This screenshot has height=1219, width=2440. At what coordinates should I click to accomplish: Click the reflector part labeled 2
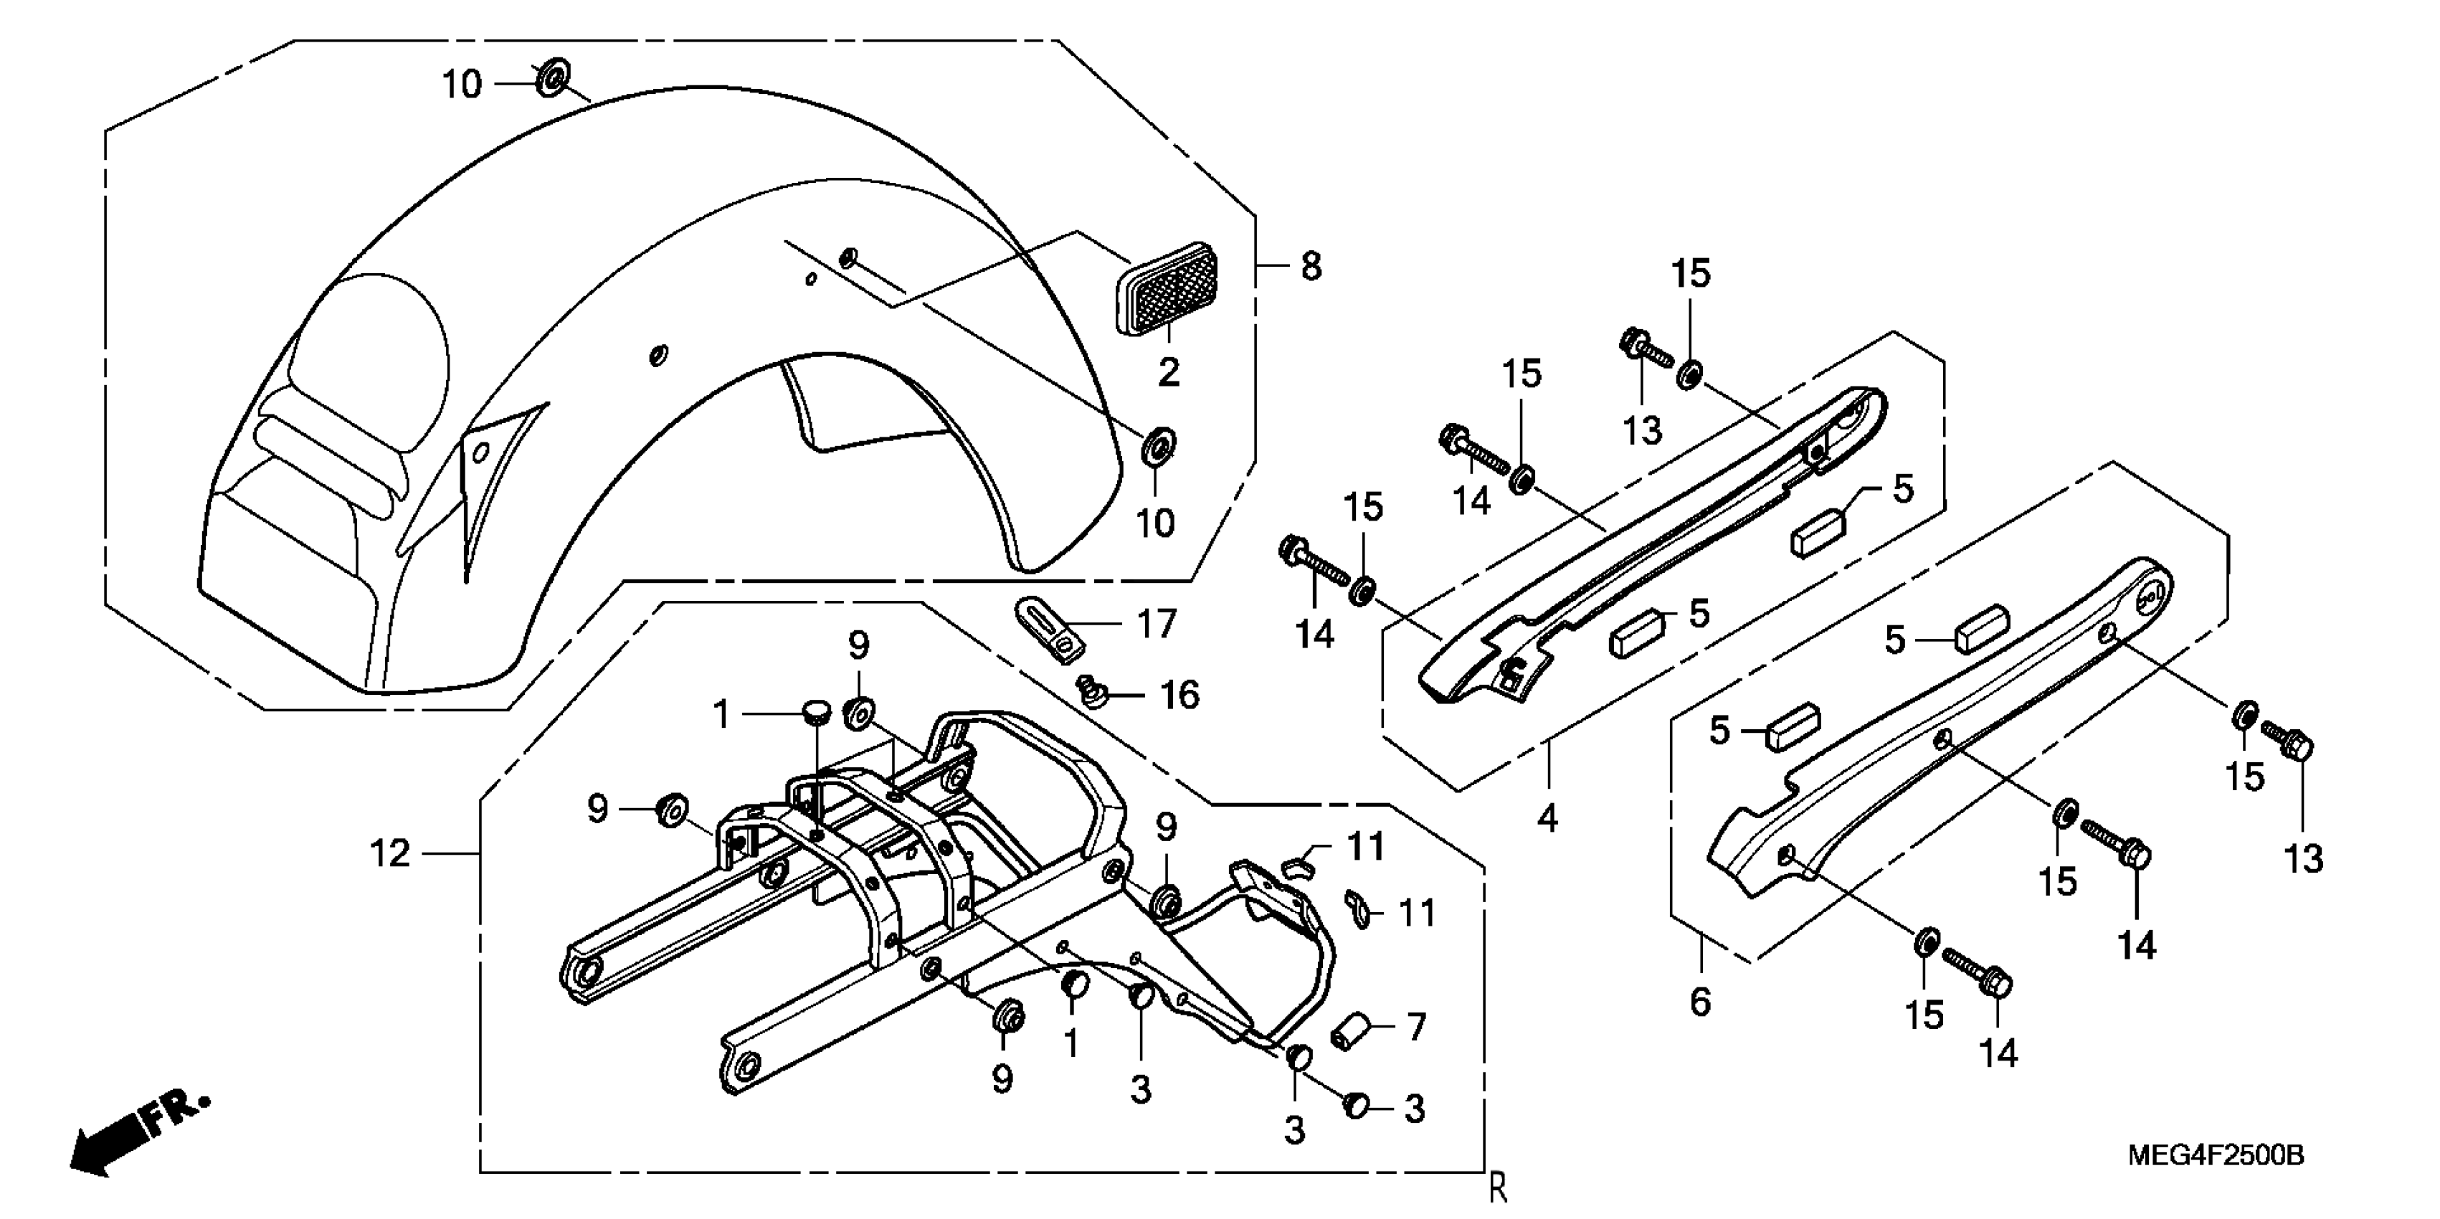tap(1168, 289)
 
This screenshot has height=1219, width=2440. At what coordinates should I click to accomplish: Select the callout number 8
tap(1311, 267)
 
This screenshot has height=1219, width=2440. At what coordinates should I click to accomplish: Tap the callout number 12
tap(390, 854)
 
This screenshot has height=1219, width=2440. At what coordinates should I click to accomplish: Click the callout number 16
tap(1180, 696)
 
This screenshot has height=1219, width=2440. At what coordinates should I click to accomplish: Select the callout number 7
tap(1416, 1027)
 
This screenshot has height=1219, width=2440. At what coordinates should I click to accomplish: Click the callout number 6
tap(1700, 1002)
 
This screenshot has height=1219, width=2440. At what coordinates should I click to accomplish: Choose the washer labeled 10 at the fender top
tap(551, 77)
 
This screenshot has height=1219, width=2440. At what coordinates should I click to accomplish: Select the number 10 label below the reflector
tap(1154, 523)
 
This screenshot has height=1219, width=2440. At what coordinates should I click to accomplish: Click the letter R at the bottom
tap(1498, 1187)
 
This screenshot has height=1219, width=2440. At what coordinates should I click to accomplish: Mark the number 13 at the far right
tap(2304, 859)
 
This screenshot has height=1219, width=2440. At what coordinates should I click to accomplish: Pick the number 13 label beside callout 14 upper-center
tap(1643, 431)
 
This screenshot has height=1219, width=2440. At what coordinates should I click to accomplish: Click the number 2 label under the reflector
tap(1169, 372)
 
